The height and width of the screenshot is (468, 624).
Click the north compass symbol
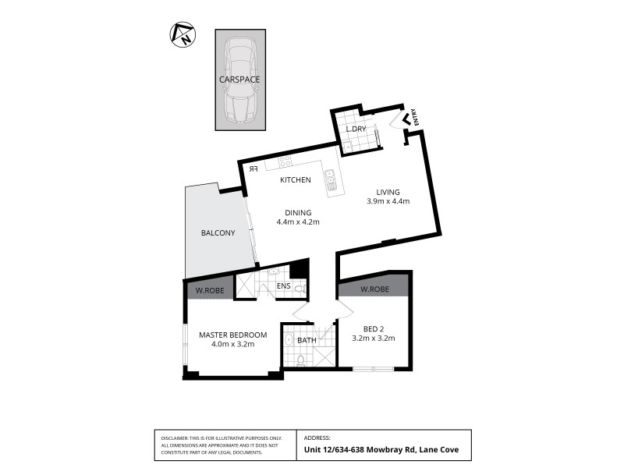point(183,34)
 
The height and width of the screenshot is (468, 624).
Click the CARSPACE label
point(240,79)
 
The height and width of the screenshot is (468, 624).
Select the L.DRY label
point(356,129)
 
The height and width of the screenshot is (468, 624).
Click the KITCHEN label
point(296,180)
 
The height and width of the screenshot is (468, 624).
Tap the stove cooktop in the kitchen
point(285,162)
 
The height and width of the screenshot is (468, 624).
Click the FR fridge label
point(253,168)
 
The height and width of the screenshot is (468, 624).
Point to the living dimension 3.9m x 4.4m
point(388,201)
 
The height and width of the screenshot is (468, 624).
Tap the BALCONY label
point(218,233)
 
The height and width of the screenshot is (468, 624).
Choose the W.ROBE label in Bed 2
point(375,289)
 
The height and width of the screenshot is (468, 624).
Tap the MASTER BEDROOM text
point(232,335)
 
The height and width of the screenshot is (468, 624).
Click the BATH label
point(307,340)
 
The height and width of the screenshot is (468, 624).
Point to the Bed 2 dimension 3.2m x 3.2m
point(374,339)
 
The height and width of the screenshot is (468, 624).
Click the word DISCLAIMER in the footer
point(175,439)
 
